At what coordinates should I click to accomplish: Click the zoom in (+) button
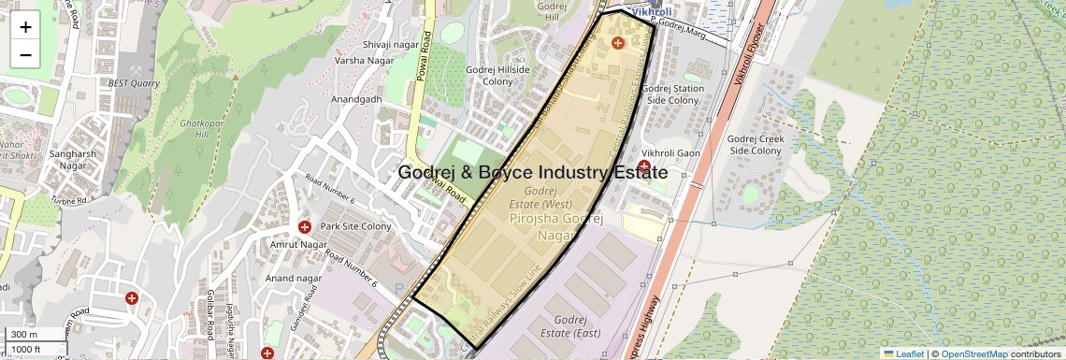[25, 27]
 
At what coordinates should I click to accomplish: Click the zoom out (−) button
[25, 55]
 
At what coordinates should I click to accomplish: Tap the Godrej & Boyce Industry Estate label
[532, 173]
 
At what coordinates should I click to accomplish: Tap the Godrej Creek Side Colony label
[755, 145]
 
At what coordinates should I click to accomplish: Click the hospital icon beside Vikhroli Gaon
[644, 166]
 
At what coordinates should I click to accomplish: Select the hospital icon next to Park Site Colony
[305, 227]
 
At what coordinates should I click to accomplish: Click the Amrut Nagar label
[296, 244]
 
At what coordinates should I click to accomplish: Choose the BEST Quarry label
[135, 82]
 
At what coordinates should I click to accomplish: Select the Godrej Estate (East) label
[569, 326]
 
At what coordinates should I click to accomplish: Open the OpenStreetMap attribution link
[973, 353]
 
